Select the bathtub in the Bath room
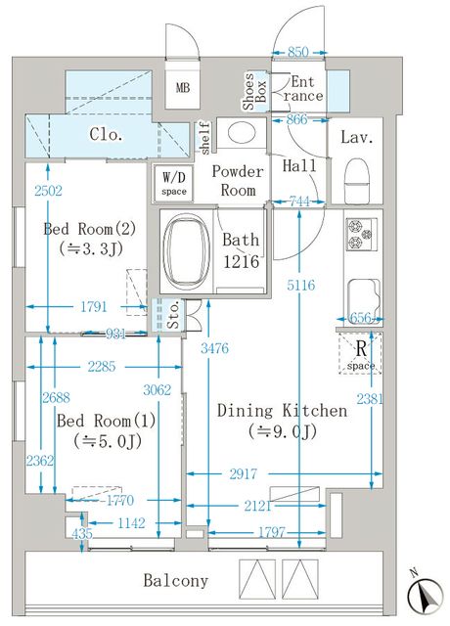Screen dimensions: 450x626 [x=187, y=250]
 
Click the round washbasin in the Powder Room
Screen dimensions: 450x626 [x=241, y=132]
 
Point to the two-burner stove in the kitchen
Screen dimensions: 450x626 [x=361, y=234]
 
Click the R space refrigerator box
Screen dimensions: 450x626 [x=360, y=353]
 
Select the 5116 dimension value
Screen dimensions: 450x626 [x=300, y=285]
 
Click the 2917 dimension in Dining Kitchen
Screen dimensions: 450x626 [x=244, y=473]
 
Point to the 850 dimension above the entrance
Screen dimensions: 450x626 [x=298, y=52]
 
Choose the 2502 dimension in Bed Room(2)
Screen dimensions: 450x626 [x=48, y=191]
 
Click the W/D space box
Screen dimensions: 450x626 [x=174, y=183]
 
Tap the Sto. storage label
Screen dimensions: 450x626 [x=173, y=316]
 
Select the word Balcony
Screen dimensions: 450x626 [x=176, y=580]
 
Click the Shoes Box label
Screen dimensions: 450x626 [x=254, y=91]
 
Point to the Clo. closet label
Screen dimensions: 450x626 [x=106, y=135]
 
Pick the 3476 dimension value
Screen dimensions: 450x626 [x=215, y=348]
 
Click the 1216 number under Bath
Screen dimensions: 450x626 [x=242, y=262]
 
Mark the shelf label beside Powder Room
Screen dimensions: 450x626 [x=204, y=138]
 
